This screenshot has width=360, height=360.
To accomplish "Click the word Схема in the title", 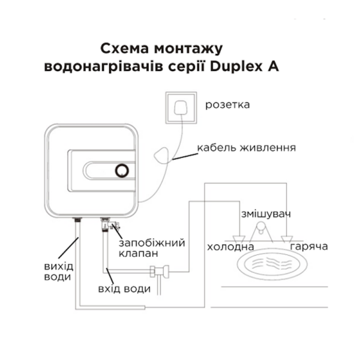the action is click(x=124, y=49).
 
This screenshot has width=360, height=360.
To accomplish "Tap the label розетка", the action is click(x=227, y=105).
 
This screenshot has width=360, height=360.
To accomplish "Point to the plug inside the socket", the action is click(x=181, y=107).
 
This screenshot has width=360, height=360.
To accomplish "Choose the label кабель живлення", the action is click(x=247, y=148).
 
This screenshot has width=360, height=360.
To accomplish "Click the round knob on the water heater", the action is click(x=122, y=170).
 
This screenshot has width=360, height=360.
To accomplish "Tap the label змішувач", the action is click(x=266, y=214).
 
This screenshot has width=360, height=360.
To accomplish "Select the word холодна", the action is click(x=230, y=247).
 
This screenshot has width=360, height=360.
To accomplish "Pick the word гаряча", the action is click(x=309, y=247).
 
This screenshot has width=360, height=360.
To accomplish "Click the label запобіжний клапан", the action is click(x=152, y=248).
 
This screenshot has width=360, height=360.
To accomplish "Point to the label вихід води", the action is click(x=59, y=272).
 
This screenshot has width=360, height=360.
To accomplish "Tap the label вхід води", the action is click(x=124, y=289).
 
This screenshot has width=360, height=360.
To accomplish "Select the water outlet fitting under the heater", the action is click(x=77, y=220).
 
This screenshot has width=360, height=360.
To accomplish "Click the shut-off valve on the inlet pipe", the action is click(x=160, y=272).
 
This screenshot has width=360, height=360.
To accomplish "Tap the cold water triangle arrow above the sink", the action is click(x=239, y=239).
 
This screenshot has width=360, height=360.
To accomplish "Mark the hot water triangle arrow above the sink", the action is click(x=287, y=239).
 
